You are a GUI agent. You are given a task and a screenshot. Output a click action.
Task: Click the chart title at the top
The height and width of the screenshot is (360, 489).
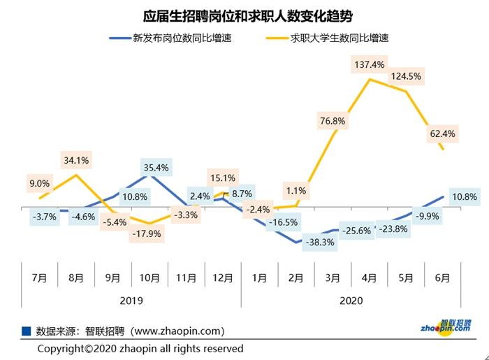(x=245, y=15)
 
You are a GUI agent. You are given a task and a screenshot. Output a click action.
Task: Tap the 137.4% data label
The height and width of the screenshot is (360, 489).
(x=370, y=65)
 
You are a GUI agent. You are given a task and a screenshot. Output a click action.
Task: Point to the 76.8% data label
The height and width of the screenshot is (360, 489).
(x=333, y=121)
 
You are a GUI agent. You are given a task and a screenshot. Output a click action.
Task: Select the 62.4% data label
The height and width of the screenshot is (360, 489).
(x=443, y=134)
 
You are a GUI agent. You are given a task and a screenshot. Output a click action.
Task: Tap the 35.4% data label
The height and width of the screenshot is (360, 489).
(x=156, y=168)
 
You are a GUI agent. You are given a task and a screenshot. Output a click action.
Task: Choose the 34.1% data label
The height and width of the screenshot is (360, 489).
(x=75, y=161)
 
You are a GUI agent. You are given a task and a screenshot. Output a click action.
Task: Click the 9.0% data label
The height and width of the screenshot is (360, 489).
(x=39, y=184)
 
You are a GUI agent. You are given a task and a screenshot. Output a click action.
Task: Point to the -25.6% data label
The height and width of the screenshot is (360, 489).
(x=357, y=231)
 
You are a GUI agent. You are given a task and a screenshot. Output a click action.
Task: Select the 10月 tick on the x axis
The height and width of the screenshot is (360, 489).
(x=149, y=278)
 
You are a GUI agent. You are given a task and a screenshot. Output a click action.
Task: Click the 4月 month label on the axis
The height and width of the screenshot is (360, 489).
(x=369, y=278)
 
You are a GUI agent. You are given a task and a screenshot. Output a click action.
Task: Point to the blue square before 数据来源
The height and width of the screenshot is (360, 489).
(x=26, y=330)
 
